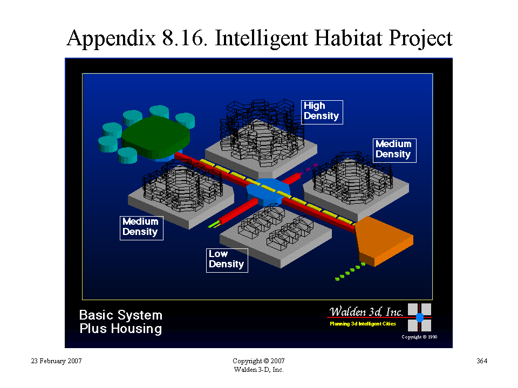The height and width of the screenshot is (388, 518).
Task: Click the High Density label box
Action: pyautogui.click(x=322, y=112)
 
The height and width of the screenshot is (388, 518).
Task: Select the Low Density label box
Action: pyautogui.click(x=227, y=260)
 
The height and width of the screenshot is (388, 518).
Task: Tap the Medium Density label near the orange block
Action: pyautogui.click(x=394, y=150)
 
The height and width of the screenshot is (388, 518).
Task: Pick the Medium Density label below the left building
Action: pyautogui.click(x=141, y=228)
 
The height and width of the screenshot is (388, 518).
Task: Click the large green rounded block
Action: pyautogui.click(x=155, y=137)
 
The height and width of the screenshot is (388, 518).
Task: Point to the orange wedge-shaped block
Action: pyautogui.click(x=383, y=241)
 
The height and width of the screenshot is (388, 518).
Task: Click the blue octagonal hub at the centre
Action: pyautogui.click(x=268, y=192)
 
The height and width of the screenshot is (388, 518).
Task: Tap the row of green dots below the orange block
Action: pyautogui.click(x=350, y=271)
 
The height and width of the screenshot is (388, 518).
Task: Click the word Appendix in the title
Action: pyautogui.click(x=111, y=38)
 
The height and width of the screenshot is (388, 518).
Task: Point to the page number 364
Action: pyautogui.click(x=482, y=361)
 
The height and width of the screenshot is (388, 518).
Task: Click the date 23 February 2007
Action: pyautogui.click(x=56, y=361)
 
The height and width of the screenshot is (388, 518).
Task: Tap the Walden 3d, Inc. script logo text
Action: pyautogui.click(x=366, y=311)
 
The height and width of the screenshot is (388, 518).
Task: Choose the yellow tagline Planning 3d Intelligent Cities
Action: pyautogui.click(x=363, y=324)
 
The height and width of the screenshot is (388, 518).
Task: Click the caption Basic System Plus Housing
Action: pyautogui.click(x=121, y=322)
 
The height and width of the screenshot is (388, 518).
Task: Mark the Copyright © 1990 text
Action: pyautogui.click(x=419, y=337)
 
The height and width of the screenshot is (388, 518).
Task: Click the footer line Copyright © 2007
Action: pyautogui.click(x=258, y=361)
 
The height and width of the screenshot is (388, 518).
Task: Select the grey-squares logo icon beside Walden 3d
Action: pyautogui.click(x=419, y=317)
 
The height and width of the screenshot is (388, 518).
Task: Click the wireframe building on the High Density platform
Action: pyautogui.click(x=262, y=132)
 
